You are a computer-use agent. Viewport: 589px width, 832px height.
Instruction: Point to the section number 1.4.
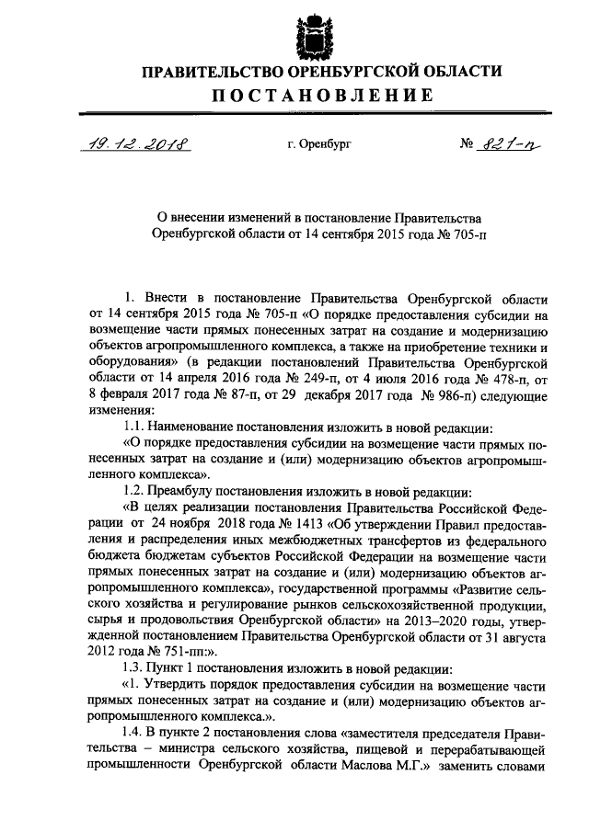pyautogui.click(x=134, y=732)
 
